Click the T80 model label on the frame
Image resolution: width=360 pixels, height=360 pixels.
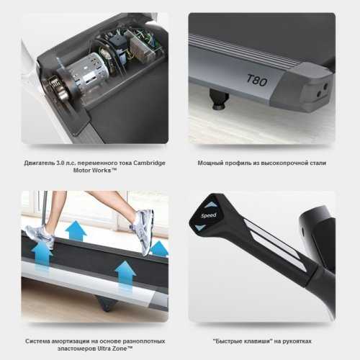pos(257,80)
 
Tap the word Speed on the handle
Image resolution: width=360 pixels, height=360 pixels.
pos(209,215)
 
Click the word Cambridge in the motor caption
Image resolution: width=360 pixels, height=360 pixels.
pos(149,163)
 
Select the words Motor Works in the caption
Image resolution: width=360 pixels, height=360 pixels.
pos(92,171)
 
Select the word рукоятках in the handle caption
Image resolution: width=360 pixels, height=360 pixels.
pos(297,341)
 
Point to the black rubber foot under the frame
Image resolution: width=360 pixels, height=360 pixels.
pos(219,99)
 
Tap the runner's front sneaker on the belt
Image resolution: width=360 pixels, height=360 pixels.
pos(40,235)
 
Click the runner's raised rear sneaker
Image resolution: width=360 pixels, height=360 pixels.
pos(142,231)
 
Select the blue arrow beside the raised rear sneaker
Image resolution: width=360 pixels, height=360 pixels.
pos(159,249)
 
